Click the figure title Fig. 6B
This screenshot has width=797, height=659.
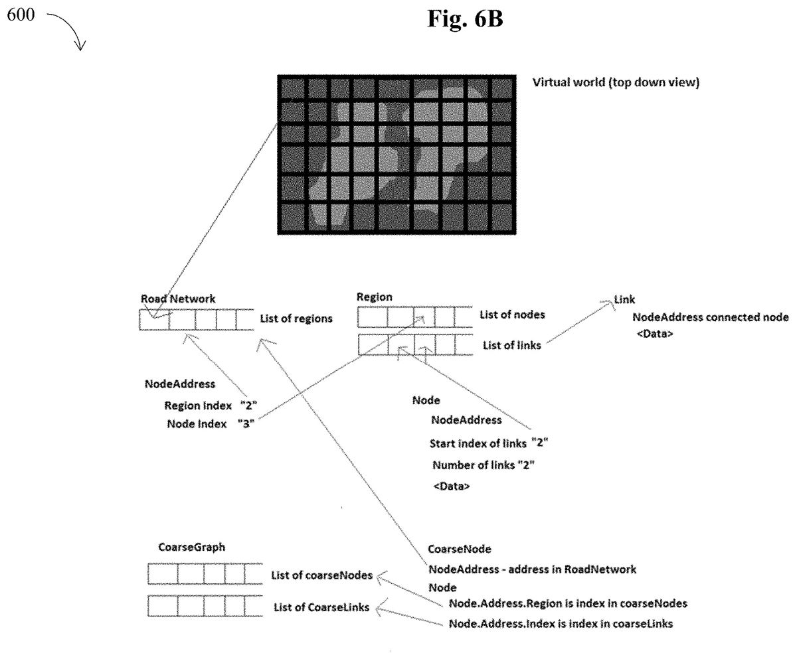coord(465,19)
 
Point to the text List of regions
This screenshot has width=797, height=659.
coord(296,319)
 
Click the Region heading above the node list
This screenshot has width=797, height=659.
coord(375,297)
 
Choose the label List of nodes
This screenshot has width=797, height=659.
coord(512,315)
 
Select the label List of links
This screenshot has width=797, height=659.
coord(511,344)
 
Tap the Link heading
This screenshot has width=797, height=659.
coord(624,301)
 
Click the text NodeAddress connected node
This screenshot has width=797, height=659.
coord(711,318)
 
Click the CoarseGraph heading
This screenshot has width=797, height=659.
coord(192,548)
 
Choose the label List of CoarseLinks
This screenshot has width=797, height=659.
coord(321,607)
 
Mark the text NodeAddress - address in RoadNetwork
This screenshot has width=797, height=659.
coord(532,569)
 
